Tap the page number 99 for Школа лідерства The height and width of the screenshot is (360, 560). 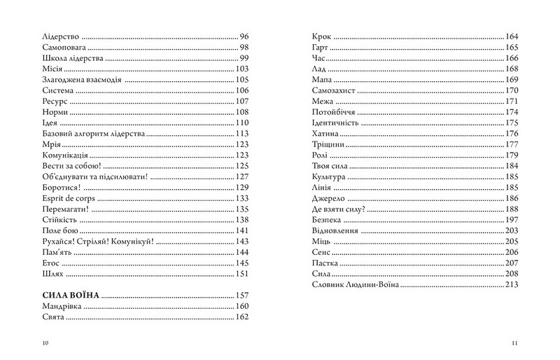tap(244, 57)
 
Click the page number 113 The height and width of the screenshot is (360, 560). tap(242, 133)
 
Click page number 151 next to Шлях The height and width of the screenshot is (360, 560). tap(242, 273)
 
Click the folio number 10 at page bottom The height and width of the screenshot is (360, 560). tap(45, 342)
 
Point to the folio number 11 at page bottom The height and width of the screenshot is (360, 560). tap(514, 342)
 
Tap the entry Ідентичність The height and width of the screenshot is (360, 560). tap(335, 123)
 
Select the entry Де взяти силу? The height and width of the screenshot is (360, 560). tap(337, 209)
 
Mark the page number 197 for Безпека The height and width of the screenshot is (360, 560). tap(510, 219)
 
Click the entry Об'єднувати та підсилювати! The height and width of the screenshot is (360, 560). tap(89, 176)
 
